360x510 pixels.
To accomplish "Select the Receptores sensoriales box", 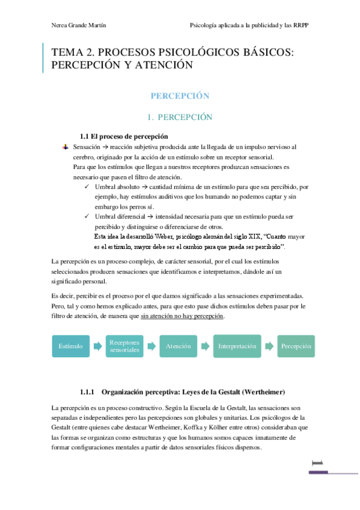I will (125, 346).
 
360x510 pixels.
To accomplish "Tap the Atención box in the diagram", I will (178, 346).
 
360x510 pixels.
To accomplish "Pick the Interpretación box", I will (237, 346).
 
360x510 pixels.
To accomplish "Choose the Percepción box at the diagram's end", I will (296, 346).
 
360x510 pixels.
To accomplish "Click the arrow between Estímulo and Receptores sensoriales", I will (97, 346).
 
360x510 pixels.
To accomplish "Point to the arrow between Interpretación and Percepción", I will (270, 346).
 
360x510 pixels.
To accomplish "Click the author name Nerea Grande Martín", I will (75, 25).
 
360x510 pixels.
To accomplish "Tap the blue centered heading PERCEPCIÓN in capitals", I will (180, 96).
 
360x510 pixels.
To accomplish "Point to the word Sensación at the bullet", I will (85, 147).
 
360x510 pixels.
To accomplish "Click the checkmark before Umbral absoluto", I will (88, 188).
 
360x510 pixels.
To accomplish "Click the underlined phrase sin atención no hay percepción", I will (182, 316).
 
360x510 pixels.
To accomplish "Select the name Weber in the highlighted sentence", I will (159, 237).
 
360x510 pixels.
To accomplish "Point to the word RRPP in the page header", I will (307, 25).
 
